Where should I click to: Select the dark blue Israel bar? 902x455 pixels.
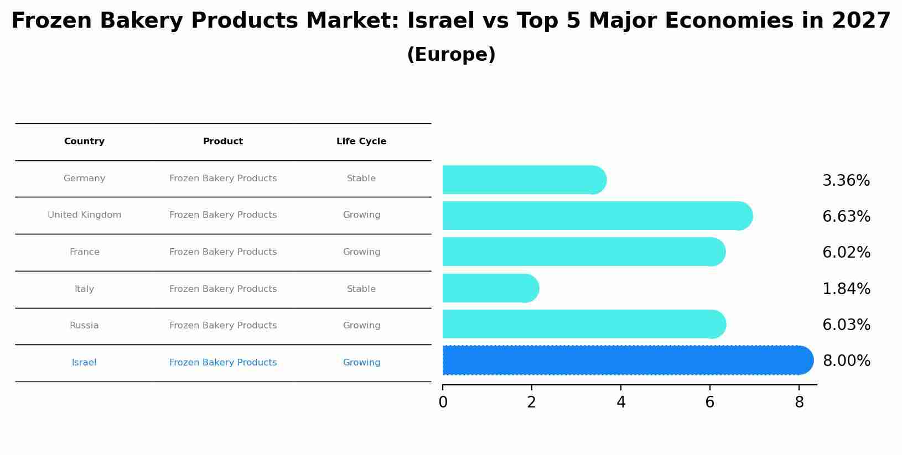(x=625, y=360)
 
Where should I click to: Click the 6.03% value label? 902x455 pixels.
(x=846, y=325)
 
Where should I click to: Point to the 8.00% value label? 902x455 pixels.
(x=846, y=361)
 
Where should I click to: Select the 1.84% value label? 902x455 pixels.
(x=846, y=289)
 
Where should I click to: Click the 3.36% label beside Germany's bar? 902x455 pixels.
(x=846, y=181)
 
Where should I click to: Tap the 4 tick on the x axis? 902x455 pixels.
(x=621, y=402)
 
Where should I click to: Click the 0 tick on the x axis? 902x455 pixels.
(x=443, y=402)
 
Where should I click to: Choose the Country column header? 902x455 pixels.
(x=84, y=142)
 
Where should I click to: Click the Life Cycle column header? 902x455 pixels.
(x=361, y=142)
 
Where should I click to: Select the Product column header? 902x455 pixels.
(x=223, y=142)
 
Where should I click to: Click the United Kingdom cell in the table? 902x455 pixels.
(x=84, y=215)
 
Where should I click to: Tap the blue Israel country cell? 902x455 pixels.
(x=84, y=363)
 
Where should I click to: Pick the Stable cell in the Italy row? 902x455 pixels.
(x=361, y=289)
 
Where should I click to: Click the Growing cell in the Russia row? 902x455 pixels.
(x=361, y=326)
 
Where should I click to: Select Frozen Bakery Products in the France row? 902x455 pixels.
(x=223, y=252)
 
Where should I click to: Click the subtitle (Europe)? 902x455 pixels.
(x=451, y=55)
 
